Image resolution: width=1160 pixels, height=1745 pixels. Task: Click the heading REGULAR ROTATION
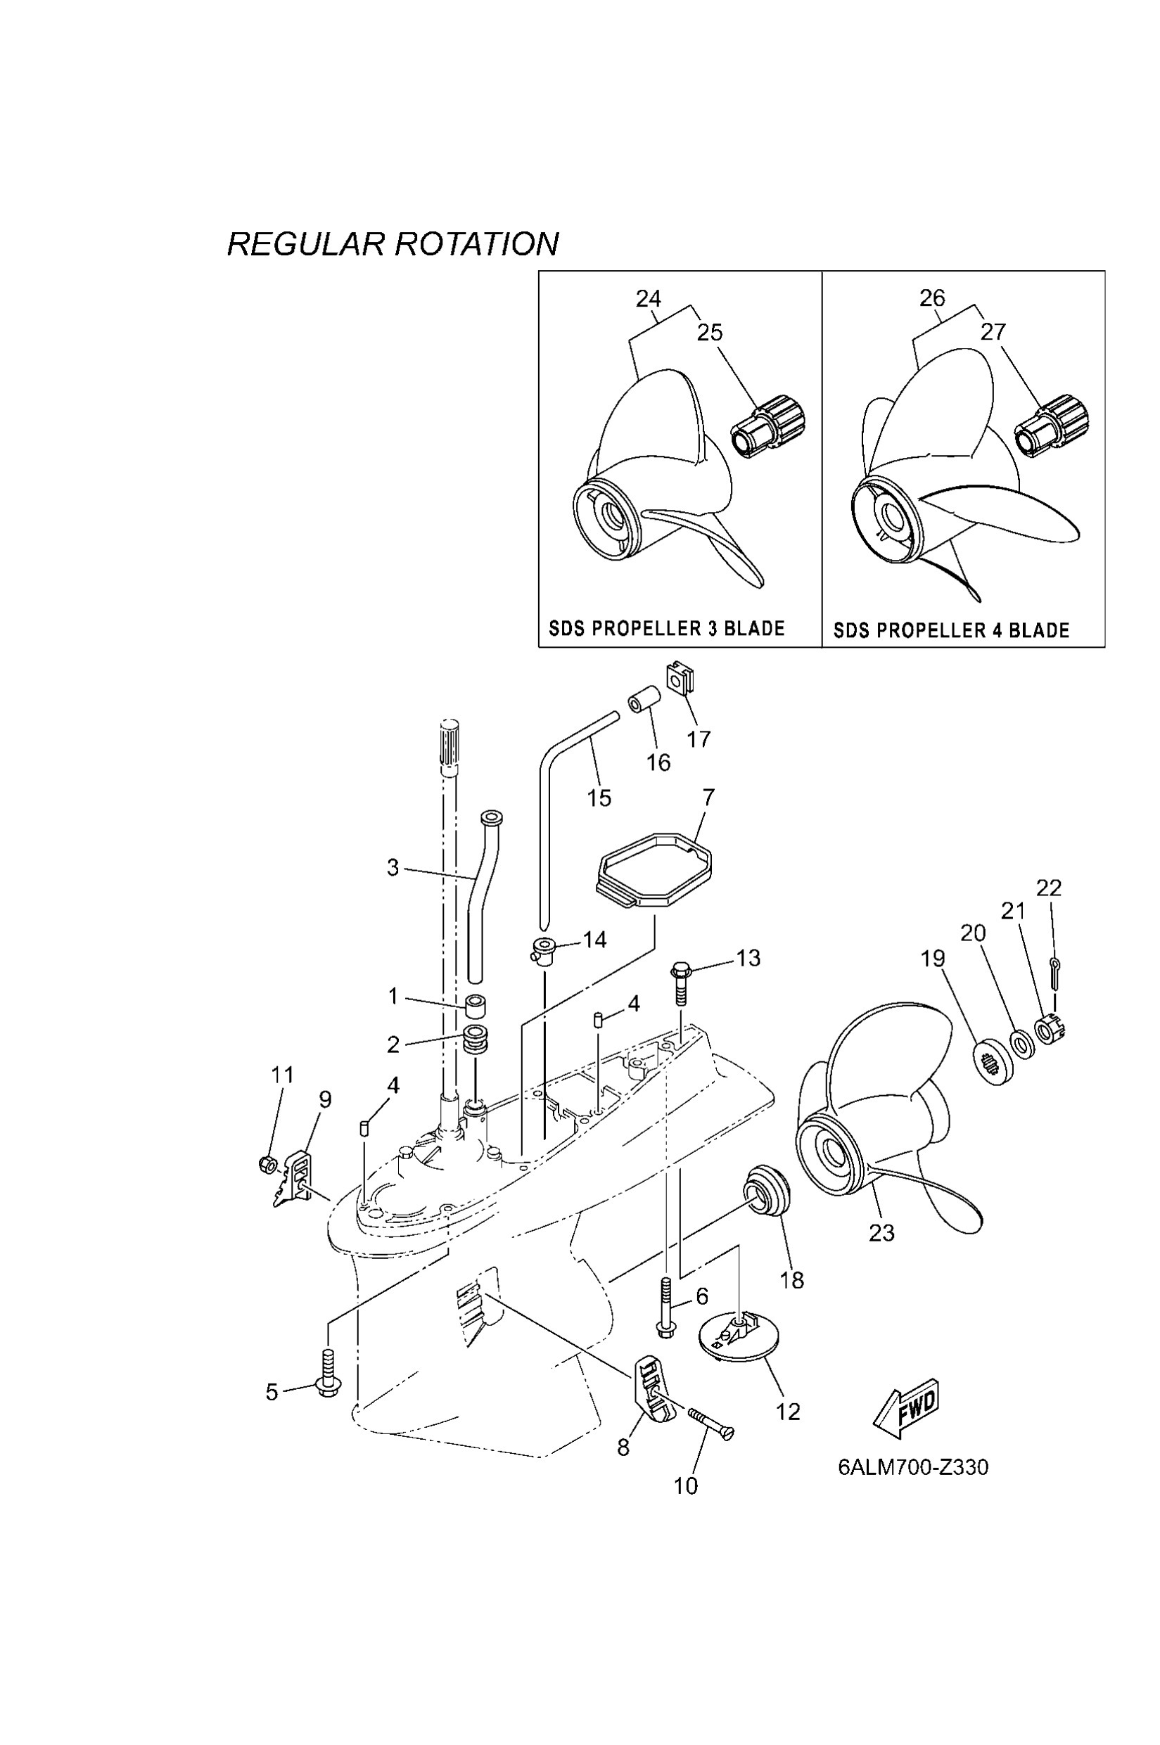[393, 244]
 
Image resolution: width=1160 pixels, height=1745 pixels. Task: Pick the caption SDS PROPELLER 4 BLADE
[951, 630]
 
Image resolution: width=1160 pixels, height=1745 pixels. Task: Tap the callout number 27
[993, 332]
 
